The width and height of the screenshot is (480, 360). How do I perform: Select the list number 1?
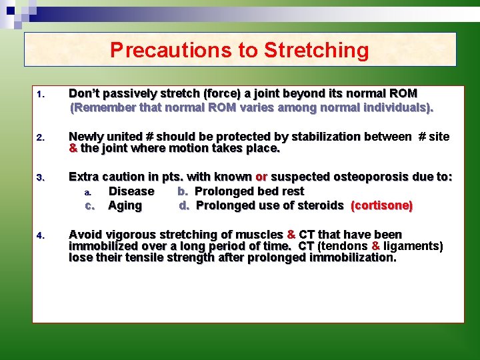[41, 95]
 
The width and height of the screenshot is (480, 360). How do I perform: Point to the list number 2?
[41, 138]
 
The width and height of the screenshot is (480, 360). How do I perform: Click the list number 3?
[41, 178]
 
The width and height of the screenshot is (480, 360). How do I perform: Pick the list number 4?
[41, 235]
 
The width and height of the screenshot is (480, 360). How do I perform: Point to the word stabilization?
[323, 137]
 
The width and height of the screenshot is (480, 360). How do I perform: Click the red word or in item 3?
[261, 177]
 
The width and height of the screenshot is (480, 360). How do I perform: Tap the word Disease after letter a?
[131, 191]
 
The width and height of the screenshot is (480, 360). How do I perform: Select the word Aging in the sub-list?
[125, 205]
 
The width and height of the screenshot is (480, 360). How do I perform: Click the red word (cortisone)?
[381, 205]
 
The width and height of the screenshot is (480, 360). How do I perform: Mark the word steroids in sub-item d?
[320, 205]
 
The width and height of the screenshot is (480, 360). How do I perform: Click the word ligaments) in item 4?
[413, 246]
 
